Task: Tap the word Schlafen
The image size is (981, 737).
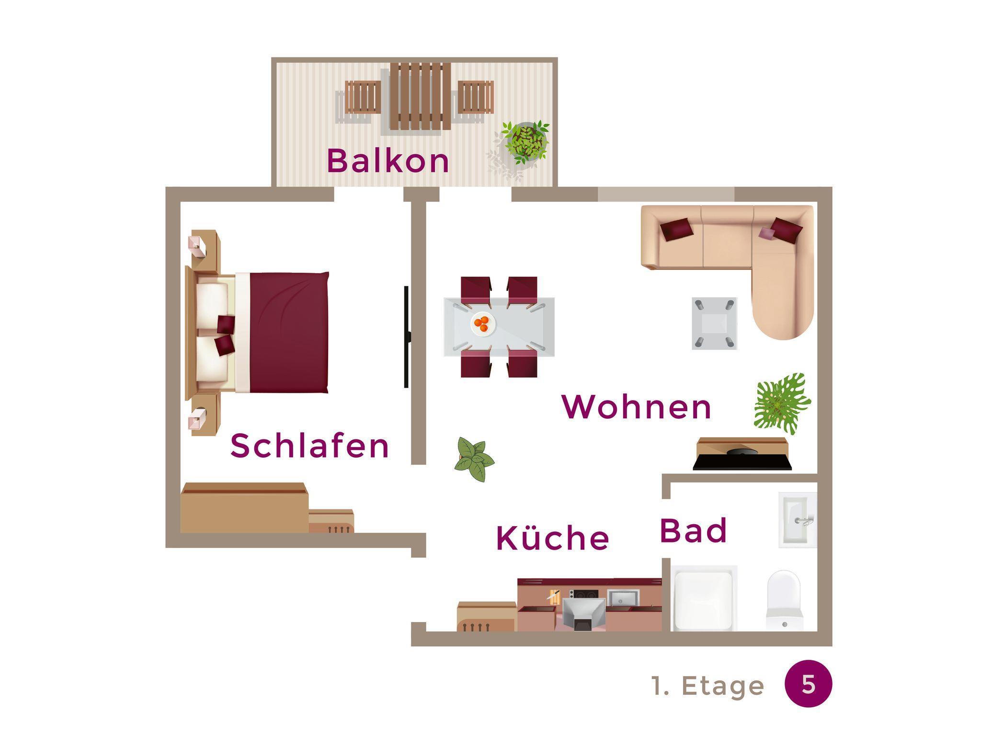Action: (309, 446)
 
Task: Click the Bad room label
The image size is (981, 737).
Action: (693, 530)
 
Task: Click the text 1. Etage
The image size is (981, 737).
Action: (708, 686)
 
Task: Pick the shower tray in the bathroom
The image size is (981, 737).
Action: (704, 598)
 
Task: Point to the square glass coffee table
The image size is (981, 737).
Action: (714, 323)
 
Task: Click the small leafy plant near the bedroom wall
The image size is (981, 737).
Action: (473, 459)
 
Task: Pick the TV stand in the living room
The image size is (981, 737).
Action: (742, 453)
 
